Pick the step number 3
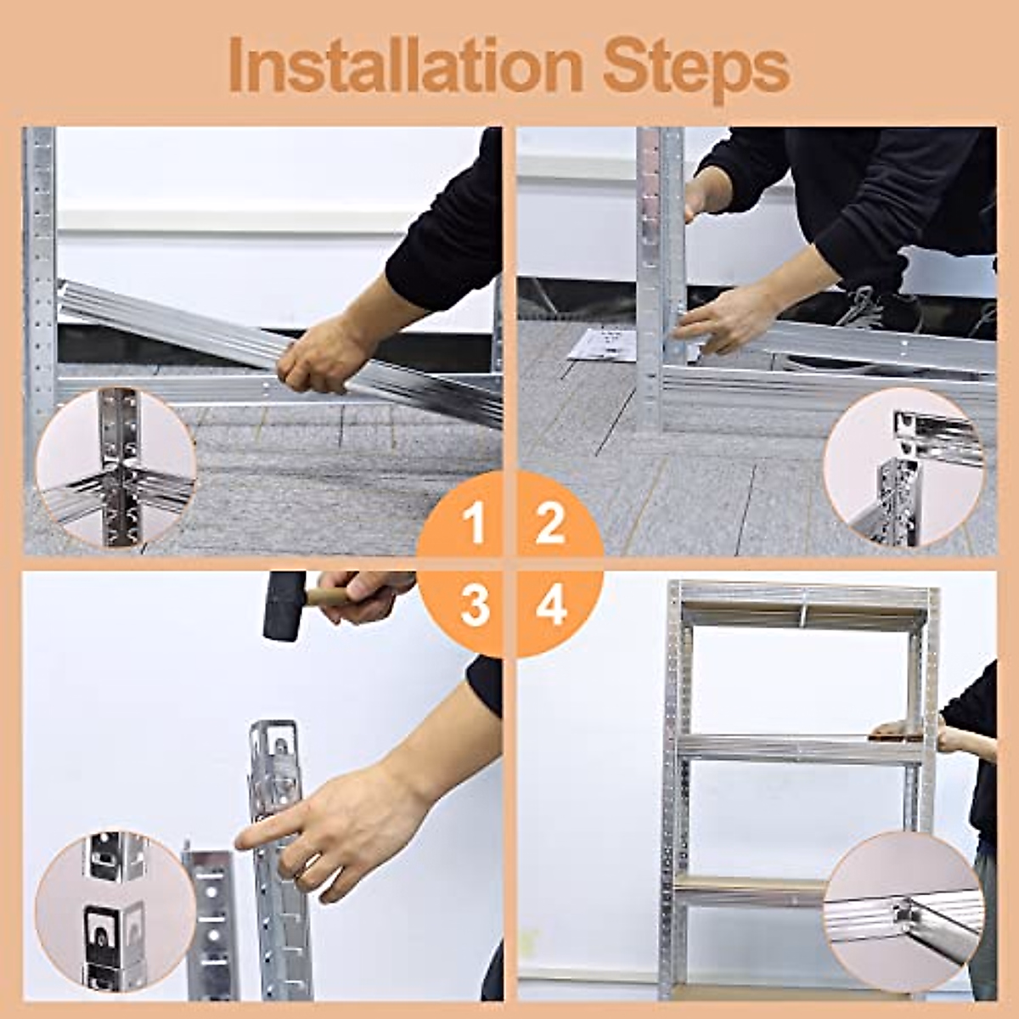click(475, 606)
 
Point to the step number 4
click(550, 606)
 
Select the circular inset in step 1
click(115, 467)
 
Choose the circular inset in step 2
click(904, 467)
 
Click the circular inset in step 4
click(904, 912)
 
